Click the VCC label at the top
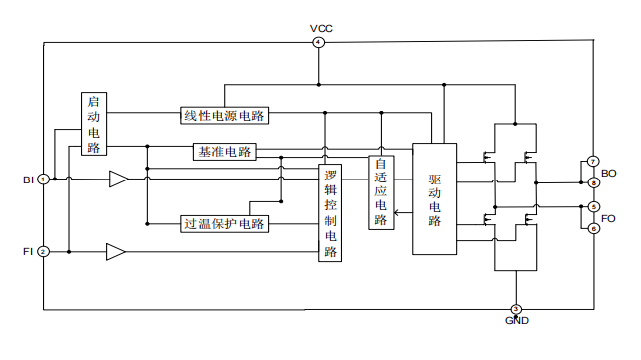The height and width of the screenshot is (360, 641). (319, 28)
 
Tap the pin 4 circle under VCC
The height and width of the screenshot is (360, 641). (319, 42)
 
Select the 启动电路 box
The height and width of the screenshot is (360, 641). (94, 125)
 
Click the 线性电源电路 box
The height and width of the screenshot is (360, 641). (226, 115)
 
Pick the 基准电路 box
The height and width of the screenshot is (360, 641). (225, 152)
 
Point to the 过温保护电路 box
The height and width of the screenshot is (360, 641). (225, 223)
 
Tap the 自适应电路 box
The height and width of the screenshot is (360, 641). (380, 192)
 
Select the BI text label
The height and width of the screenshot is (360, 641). (27, 180)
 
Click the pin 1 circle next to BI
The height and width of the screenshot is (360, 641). (43, 180)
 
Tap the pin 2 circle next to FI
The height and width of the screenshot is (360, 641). (43, 252)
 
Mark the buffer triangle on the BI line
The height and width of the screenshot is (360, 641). (118, 180)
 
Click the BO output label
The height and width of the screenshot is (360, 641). (609, 173)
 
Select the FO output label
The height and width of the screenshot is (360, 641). (609, 217)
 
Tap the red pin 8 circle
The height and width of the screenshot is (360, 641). (593, 182)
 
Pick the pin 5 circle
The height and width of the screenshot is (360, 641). (593, 207)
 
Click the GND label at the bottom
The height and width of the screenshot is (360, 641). (516, 321)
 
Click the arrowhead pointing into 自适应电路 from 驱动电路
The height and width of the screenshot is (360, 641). (398, 212)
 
